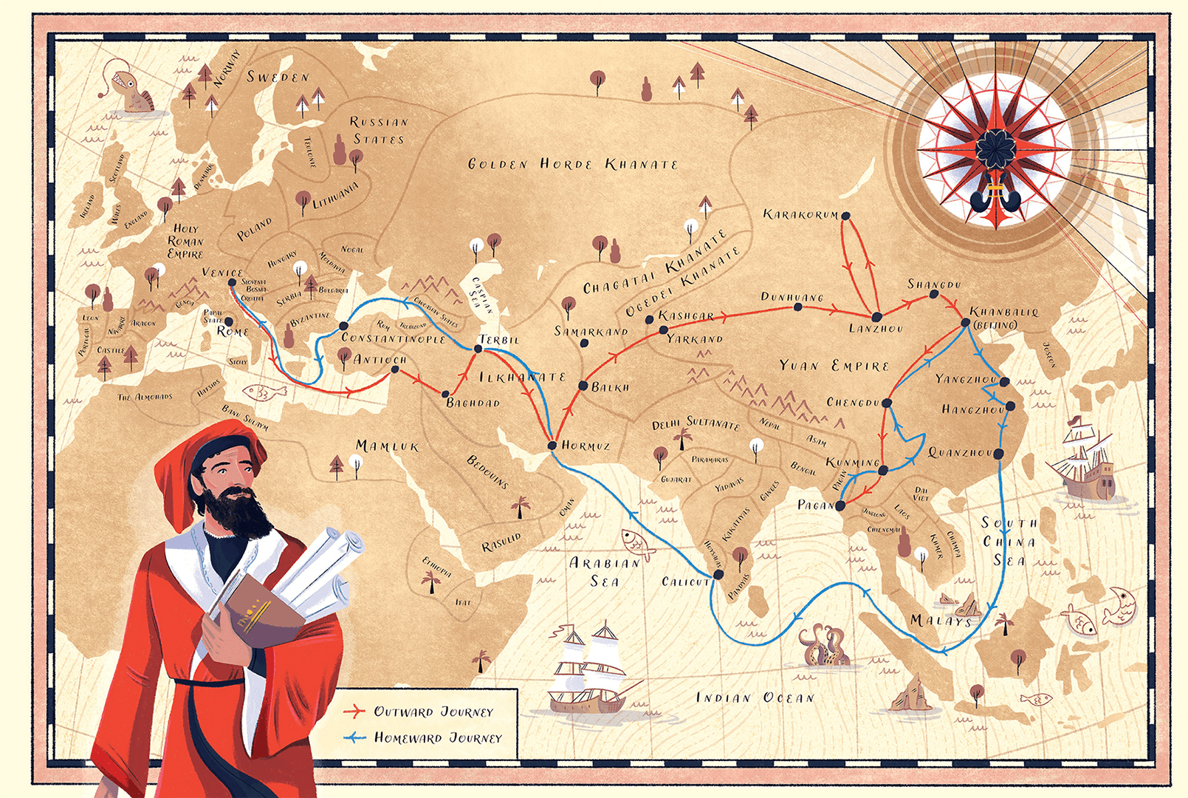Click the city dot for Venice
(x=232, y=282)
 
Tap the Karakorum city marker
(x=845, y=216)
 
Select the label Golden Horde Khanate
(x=572, y=164)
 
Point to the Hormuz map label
(x=586, y=446)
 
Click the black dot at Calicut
(x=718, y=574)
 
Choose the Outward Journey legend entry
(x=432, y=712)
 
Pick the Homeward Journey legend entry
(x=436, y=737)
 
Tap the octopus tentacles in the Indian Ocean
(x=823, y=645)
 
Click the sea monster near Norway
(x=132, y=89)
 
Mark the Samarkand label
(x=590, y=332)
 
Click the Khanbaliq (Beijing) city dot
(x=966, y=322)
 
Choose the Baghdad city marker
(x=445, y=394)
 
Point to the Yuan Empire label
(x=834, y=366)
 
